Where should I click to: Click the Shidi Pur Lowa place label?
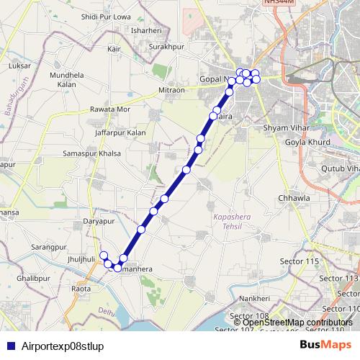[107, 16]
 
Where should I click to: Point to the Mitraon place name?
[171, 91]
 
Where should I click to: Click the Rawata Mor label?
[110, 109]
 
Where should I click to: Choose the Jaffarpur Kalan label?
[120, 132]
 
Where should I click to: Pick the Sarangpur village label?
[49, 247]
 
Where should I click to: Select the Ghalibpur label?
[34, 276]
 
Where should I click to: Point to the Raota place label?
[81, 288]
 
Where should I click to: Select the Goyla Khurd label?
[309, 143]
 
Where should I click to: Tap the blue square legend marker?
[6, 346]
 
